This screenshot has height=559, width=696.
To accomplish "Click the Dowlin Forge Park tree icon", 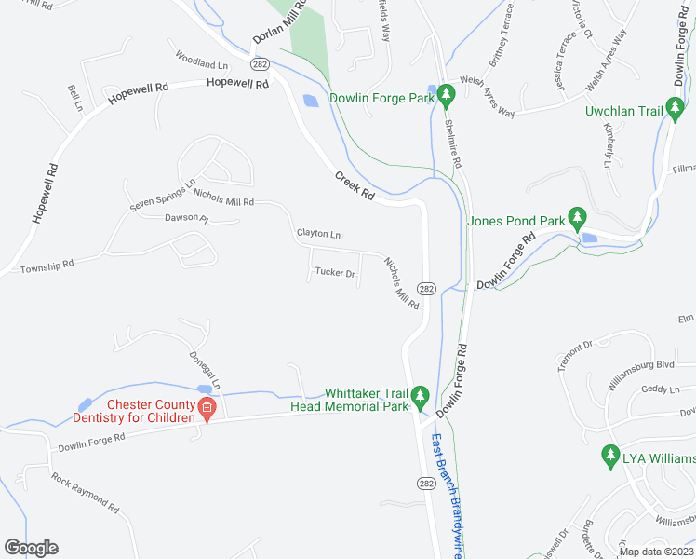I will click(446, 94).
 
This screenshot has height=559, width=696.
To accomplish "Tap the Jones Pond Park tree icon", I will click(577, 218).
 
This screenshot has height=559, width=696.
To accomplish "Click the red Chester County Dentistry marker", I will click(207, 409).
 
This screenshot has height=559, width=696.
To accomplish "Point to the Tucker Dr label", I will click(336, 273).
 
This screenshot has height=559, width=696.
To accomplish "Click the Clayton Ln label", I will click(318, 233).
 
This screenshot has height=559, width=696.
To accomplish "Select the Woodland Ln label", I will click(201, 61).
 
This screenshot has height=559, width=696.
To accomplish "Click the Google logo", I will click(31, 548).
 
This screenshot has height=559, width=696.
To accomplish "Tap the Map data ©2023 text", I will click(655, 552).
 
